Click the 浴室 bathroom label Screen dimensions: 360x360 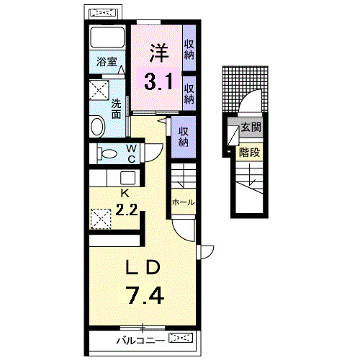(107, 62)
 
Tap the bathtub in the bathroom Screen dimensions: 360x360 (107, 37)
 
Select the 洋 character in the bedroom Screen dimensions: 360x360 (159, 53)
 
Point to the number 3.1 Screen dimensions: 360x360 (158, 81)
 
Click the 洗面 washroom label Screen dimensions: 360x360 (116, 109)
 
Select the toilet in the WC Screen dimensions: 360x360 (107, 153)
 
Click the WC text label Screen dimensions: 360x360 (132, 153)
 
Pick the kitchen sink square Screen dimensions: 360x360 (127, 178)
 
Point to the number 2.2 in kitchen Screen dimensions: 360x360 (127, 210)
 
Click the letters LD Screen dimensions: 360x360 (143, 267)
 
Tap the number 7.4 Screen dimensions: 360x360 (145, 295)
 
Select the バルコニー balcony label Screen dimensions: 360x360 (140, 341)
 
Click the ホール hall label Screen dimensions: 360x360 (183, 202)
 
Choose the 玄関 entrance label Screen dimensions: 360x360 (251, 127)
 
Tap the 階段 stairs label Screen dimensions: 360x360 (249, 153)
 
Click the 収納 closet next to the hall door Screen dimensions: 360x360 (183, 137)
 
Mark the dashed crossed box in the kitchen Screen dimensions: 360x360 (101, 219)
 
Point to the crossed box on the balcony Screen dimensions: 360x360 (181, 338)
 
